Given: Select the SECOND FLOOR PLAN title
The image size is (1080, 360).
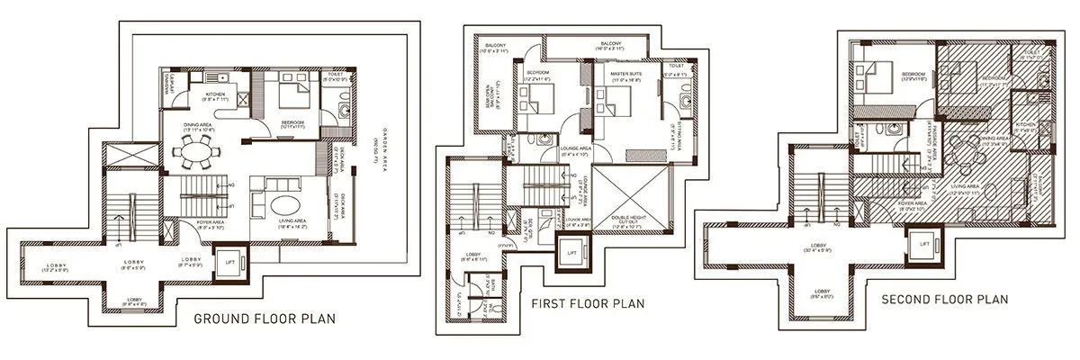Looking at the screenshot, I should point(944,298).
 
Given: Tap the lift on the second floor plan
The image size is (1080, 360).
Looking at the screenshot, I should point(922,242).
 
